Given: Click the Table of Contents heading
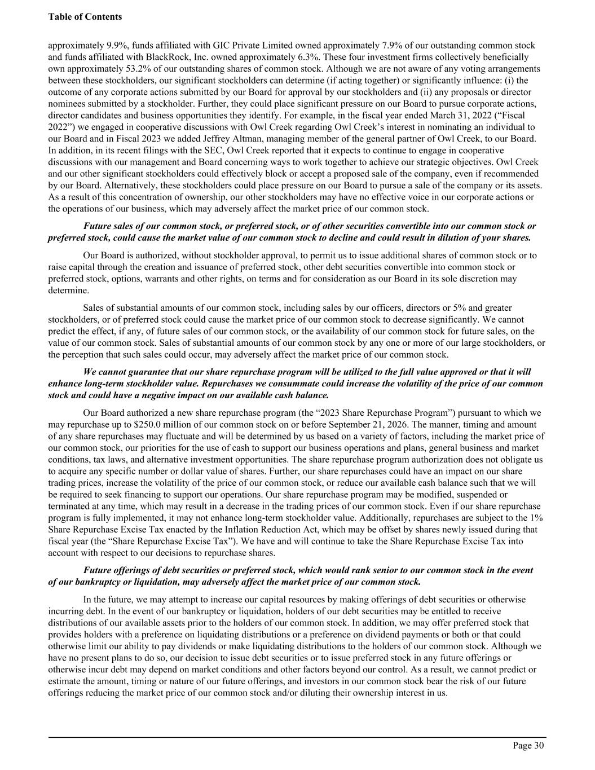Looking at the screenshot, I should (x=85, y=17).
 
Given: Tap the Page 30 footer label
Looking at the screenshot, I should (x=528, y=746).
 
